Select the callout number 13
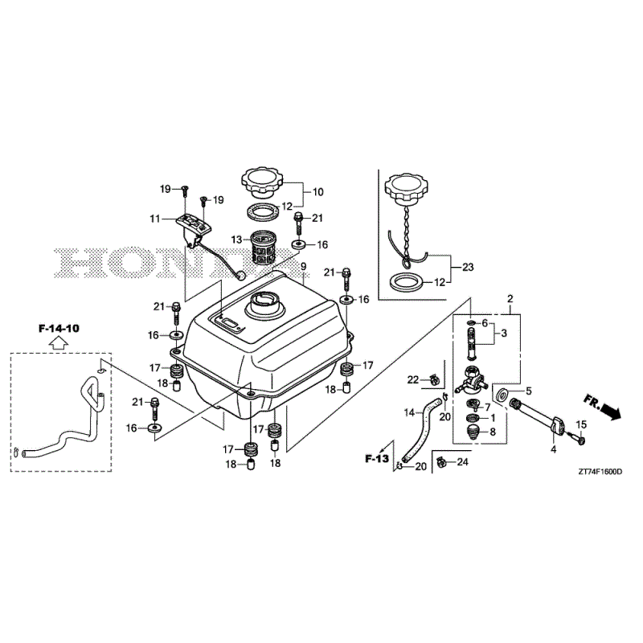(x=236, y=240)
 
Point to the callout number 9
(x=304, y=267)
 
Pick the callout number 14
(x=409, y=413)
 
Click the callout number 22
(x=412, y=379)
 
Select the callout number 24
(x=462, y=462)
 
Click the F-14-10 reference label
(x=59, y=329)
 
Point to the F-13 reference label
(x=376, y=458)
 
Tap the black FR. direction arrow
(x=611, y=411)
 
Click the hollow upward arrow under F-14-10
(x=59, y=343)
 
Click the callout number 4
(x=553, y=450)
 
